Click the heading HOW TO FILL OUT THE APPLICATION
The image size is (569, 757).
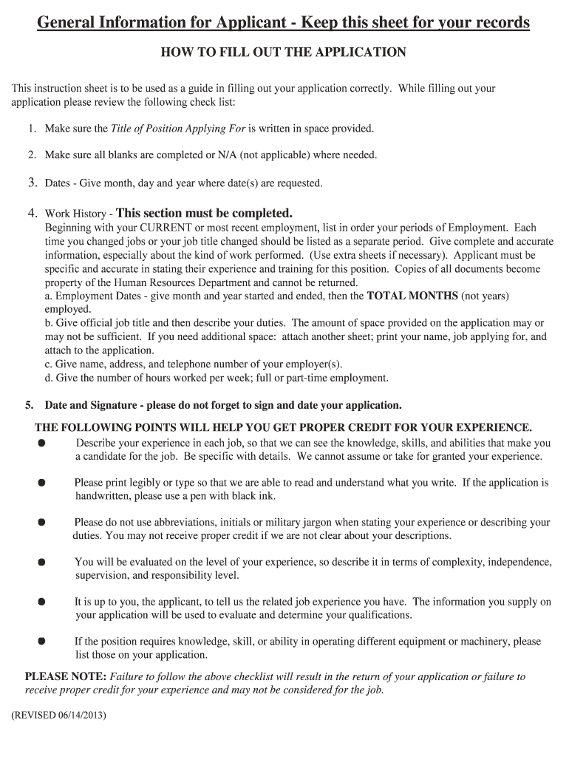(284, 53)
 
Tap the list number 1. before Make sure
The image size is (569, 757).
(33, 129)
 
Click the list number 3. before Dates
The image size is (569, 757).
(33, 182)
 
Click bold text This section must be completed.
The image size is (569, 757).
(205, 213)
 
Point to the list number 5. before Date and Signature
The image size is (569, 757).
(30, 405)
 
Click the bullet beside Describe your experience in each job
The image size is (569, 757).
(41, 444)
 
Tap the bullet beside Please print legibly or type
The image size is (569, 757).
(41, 483)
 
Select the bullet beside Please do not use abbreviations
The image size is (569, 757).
(41, 523)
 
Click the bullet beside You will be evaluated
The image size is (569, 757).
(41, 563)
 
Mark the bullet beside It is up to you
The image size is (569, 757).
(41, 602)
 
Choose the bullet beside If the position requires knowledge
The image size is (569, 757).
(41, 642)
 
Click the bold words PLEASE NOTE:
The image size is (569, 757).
(67, 676)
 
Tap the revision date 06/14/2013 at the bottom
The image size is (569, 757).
(81, 716)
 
